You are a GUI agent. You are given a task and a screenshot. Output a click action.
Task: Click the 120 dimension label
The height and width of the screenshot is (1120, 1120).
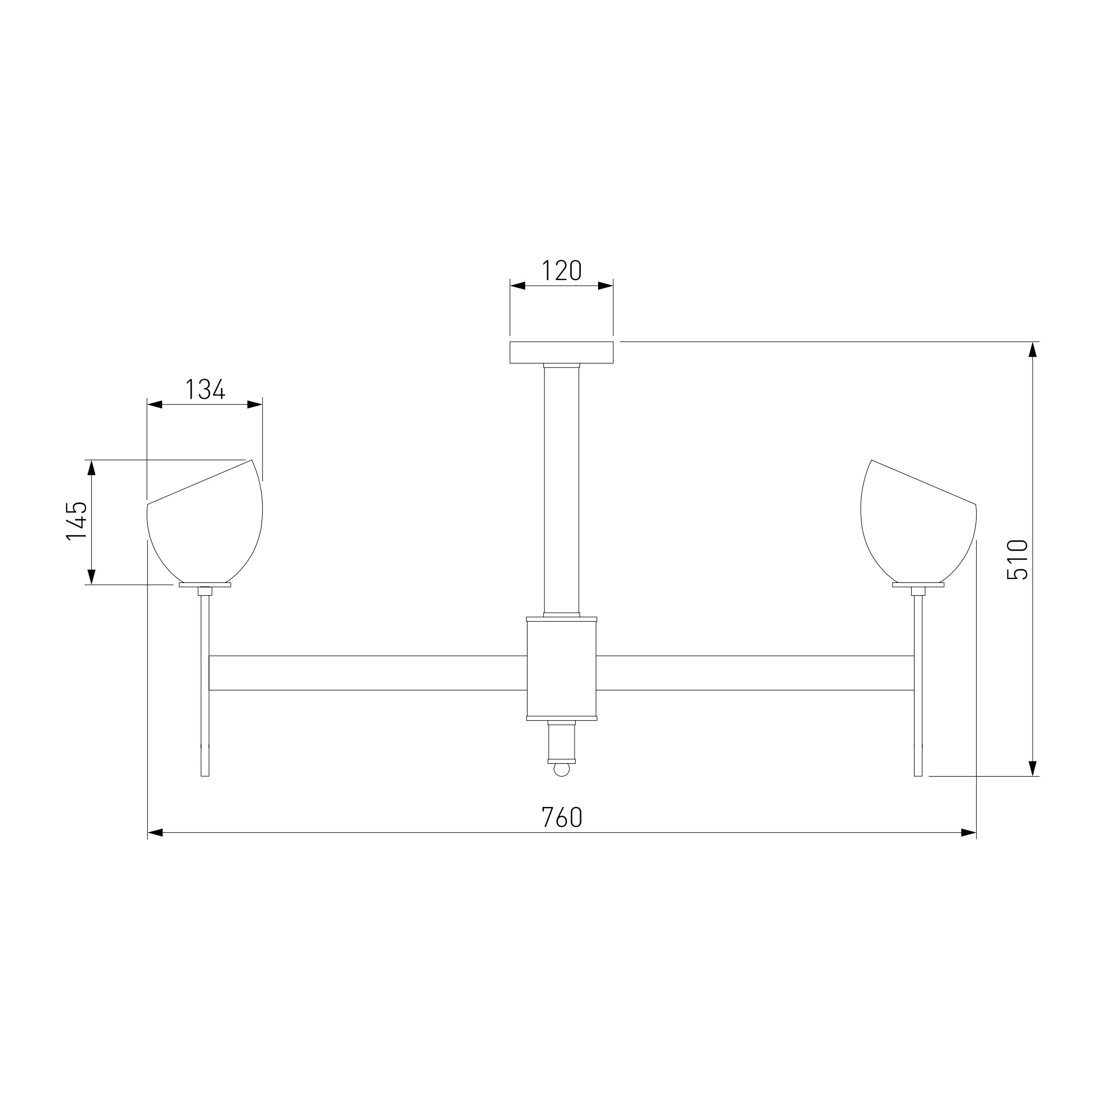tap(561, 270)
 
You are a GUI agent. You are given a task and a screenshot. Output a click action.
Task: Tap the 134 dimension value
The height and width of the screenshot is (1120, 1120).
tap(205, 389)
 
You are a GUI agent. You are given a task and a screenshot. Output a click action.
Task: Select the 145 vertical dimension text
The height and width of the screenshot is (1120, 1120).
tap(77, 521)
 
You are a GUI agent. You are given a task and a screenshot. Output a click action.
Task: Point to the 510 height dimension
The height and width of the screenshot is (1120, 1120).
tap(1018, 559)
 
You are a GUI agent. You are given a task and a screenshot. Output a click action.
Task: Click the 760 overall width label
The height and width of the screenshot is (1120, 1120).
tap(561, 818)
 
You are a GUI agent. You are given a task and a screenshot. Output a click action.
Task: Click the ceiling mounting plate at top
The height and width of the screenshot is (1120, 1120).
tap(561, 352)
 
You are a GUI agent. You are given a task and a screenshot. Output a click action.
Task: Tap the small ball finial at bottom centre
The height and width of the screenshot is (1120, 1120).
tap(561, 770)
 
